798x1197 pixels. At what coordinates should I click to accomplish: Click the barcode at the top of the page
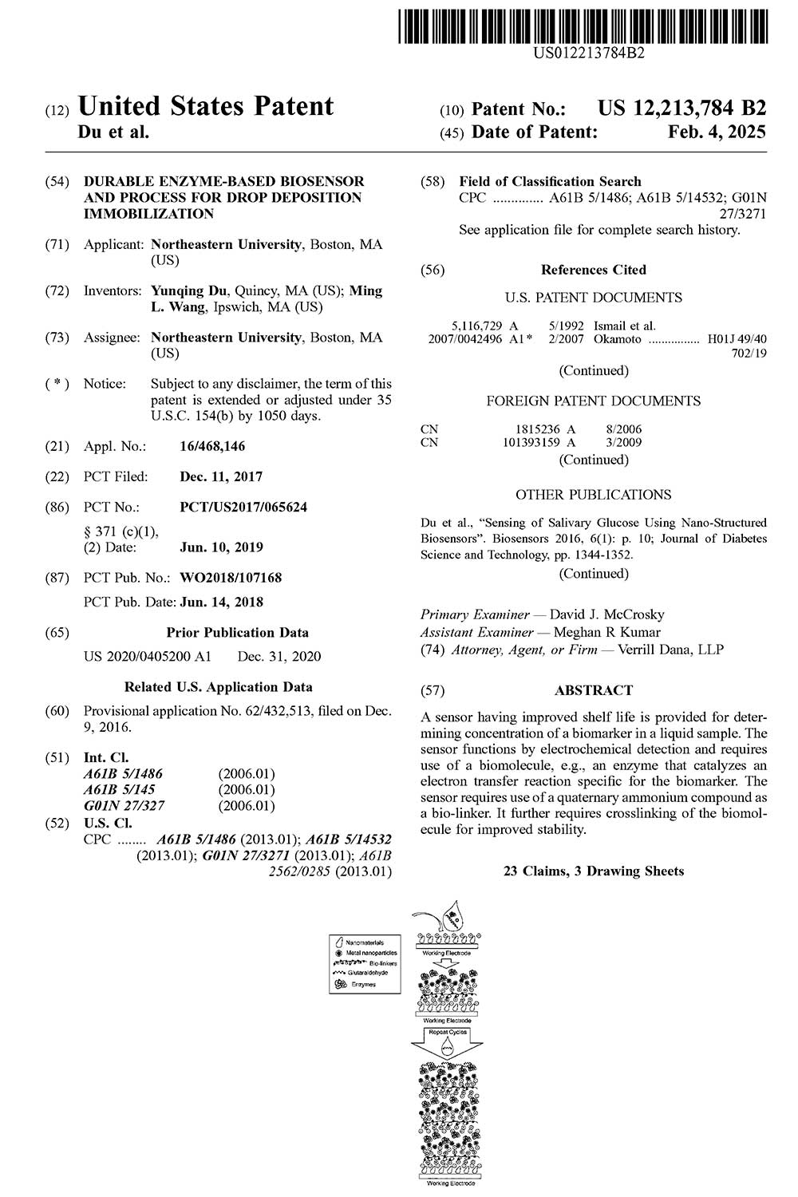coord(582,25)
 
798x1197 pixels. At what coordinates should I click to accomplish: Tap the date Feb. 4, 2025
coord(716,132)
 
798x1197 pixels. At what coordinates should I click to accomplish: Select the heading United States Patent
coord(206,106)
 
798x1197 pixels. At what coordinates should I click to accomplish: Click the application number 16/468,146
coord(212,446)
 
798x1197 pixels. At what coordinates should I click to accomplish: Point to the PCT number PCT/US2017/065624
coord(243,507)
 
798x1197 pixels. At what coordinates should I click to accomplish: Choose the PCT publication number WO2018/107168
coord(231,577)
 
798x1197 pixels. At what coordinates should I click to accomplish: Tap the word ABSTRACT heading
coord(594,690)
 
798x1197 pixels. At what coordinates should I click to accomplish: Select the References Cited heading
coord(593,270)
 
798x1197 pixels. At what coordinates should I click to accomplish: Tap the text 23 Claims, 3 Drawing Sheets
coord(593,871)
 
